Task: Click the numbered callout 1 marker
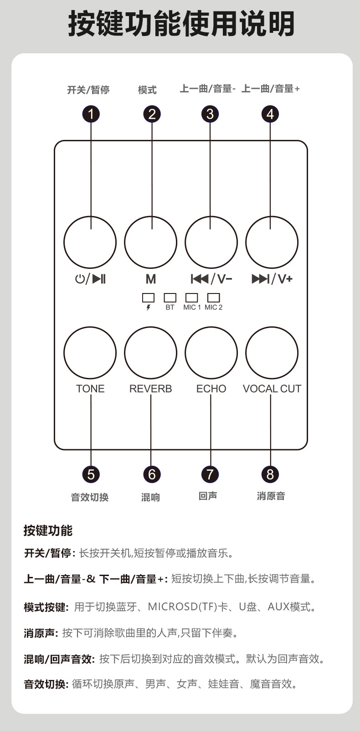pyautogui.click(x=91, y=114)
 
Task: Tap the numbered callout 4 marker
pyautogui.click(x=270, y=114)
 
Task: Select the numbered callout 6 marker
pyautogui.click(x=152, y=474)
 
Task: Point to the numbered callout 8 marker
pyautogui.click(x=270, y=474)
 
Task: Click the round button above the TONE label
pyautogui.click(x=90, y=353)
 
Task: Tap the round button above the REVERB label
pyautogui.click(x=151, y=353)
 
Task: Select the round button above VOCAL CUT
pyautogui.click(x=272, y=353)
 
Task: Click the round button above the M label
pyautogui.click(x=151, y=242)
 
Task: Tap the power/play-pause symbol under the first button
pyautogui.click(x=90, y=278)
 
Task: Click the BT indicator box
pyautogui.click(x=170, y=298)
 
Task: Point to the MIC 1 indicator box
pyautogui.click(x=191, y=298)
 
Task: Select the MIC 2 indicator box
pyautogui.click(x=213, y=298)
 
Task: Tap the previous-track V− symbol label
pyautogui.click(x=211, y=278)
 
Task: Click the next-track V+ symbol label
pyautogui.click(x=272, y=278)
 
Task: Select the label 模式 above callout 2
pyautogui.click(x=147, y=90)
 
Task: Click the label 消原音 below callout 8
pyautogui.click(x=271, y=496)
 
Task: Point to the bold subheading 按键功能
pyautogui.click(x=48, y=530)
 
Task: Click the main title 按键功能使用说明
pyautogui.click(x=181, y=24)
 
